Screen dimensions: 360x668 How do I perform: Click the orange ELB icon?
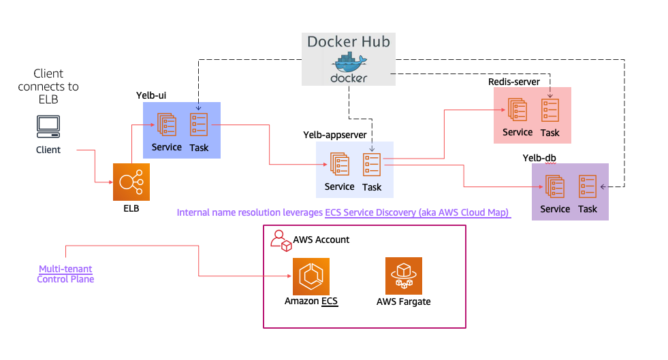click(x=131, y=182)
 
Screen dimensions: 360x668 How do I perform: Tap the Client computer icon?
click(x=48, y=125)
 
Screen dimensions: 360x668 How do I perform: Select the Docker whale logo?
click(x=349, y=64)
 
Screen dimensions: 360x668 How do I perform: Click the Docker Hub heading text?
click(x=349, y=42)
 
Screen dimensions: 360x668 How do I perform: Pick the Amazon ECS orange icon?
click(x=311, y=276)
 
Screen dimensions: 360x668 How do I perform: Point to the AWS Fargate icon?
click(x=404, y=276)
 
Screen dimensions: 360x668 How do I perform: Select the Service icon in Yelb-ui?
click(x=167, y=125)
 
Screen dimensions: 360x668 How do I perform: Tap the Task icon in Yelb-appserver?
click(x=372, y=165)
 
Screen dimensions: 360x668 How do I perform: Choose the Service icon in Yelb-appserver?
click(x=339, y=165)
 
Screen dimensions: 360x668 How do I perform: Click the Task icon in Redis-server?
click(x=550, y=110)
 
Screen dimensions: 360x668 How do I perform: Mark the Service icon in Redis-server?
click(x=518, y=110)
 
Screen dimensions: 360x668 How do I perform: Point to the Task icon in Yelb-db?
click(x=588, y=186)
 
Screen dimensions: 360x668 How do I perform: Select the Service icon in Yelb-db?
click(x=555, y=186)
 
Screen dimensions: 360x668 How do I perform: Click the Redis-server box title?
click(x=514, y=82)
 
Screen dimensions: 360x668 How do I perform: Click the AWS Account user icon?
click(x=279, y=239)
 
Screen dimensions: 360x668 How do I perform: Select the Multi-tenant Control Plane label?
click(x=65, y=274)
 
